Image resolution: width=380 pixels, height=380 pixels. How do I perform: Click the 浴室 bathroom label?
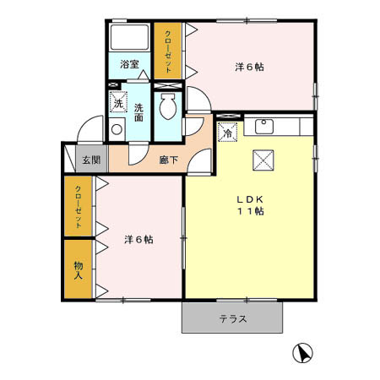(129, 64)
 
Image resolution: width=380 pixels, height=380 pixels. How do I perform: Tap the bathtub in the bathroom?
(129, 38)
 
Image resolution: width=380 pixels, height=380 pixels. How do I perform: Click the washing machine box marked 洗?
(118, 103)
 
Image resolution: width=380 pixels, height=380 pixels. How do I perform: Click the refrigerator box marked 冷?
(227, 132)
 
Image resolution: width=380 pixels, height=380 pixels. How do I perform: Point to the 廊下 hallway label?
(169, 159)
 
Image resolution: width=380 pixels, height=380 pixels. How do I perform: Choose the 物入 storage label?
(79, 269)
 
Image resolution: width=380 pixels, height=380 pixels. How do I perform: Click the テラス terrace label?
(232, 319)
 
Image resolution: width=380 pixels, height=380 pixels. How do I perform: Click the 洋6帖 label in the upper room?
(248, 67)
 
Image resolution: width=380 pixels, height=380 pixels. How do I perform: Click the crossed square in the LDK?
(263, 160)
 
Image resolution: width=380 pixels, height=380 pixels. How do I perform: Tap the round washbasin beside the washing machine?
(116, 131)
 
